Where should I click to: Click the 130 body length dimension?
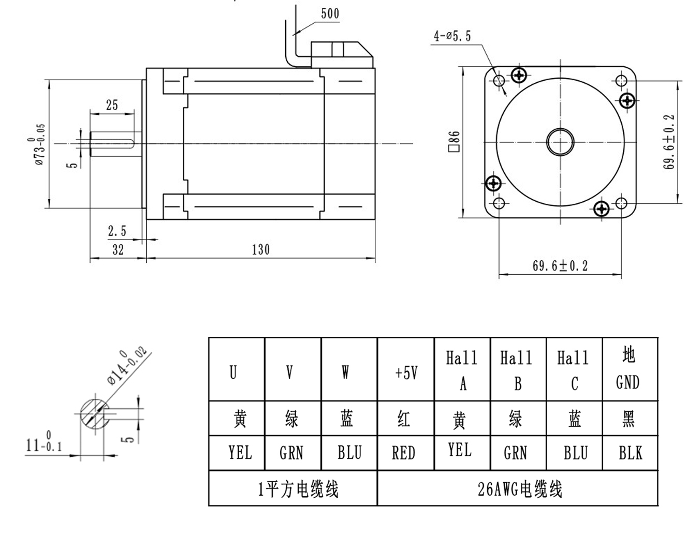(x=261, y=249)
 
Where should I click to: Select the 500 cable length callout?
(x=330, y=13)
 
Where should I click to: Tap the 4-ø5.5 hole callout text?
(x=452, y=36)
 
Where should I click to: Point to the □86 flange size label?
(x=453, y=141)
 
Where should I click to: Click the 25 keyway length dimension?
(x=112, y=105)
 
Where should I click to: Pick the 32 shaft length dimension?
(x=118, y=249)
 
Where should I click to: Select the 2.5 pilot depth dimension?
(x=117, y=231)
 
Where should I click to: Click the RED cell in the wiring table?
(x=404, y=453)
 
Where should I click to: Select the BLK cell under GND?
(x=630, y=453)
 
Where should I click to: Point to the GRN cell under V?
(x=291, y=453)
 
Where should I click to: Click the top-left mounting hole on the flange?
(x=500, y=81)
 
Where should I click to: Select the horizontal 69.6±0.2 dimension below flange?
(x=560, y=266)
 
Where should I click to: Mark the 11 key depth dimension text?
(x=43, y=445)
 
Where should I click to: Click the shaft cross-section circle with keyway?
(x=94, y=414)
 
